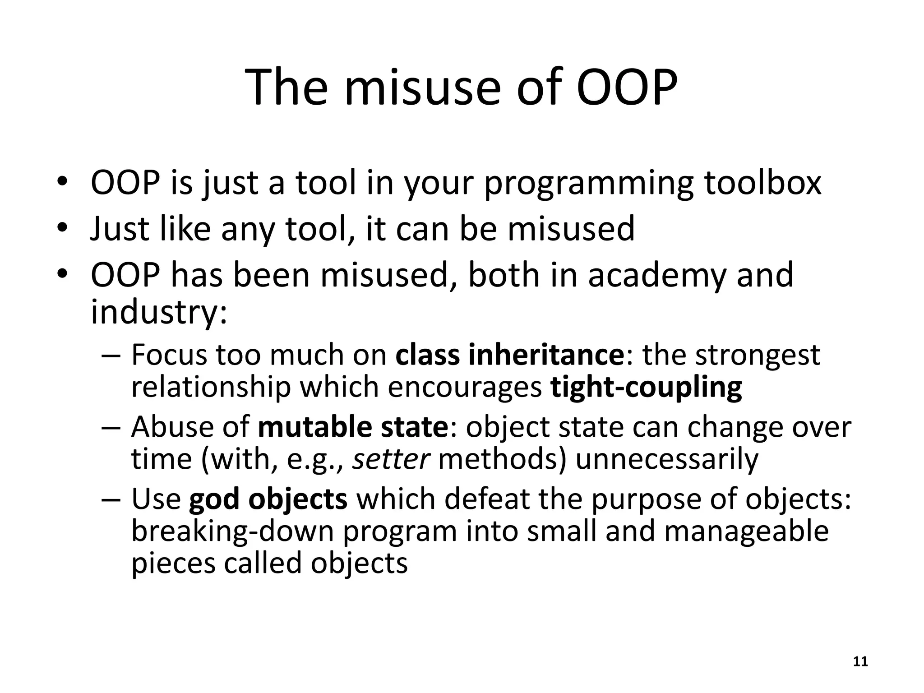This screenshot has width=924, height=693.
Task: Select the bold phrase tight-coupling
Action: (646, 388)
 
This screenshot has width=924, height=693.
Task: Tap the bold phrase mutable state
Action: (352, 427)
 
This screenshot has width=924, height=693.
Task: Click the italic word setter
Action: (390, 459)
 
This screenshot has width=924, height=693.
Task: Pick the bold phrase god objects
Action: (268, 499)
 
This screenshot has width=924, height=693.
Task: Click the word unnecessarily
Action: (667, 459)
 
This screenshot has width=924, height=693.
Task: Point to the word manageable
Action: (746, 532)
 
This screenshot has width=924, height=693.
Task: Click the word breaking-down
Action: (232, 531)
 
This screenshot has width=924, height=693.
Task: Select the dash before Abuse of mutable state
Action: (111, 428)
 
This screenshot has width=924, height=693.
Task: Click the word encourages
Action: (464, 388)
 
